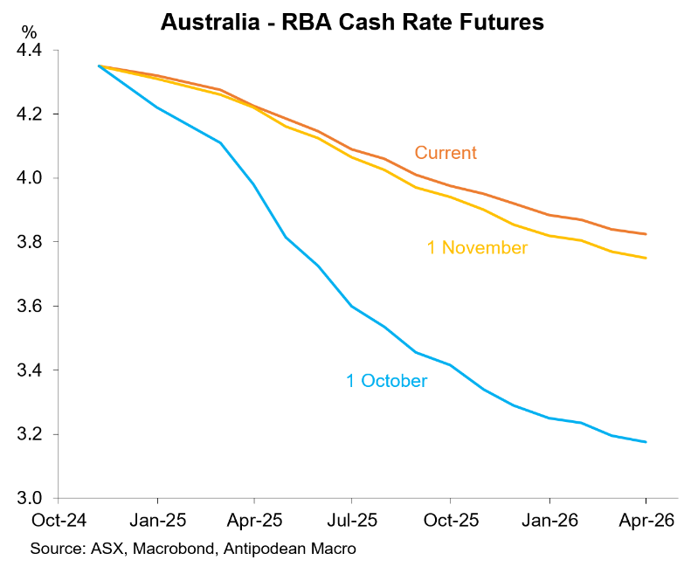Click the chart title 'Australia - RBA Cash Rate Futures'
click(352, 23)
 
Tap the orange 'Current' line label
click(446, 153)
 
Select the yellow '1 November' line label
click(477, 248)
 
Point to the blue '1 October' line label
click(387, 381)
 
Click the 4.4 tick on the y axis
click(30, 51)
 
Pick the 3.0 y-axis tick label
click(30, 499)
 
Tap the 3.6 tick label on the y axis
click(30, 307)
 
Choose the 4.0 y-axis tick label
click(30, 178)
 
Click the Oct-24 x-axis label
click(58, 520)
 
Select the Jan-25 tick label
click(157, 520)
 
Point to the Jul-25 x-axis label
click(351, 520)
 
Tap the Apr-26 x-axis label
click(646, 520)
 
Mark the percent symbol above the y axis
click(30, 32)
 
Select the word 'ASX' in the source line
click(104, 549)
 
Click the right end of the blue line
click(646, 442)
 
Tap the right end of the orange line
click(646, 234)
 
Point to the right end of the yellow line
click(646, 258)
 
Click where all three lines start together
click(99, 66)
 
